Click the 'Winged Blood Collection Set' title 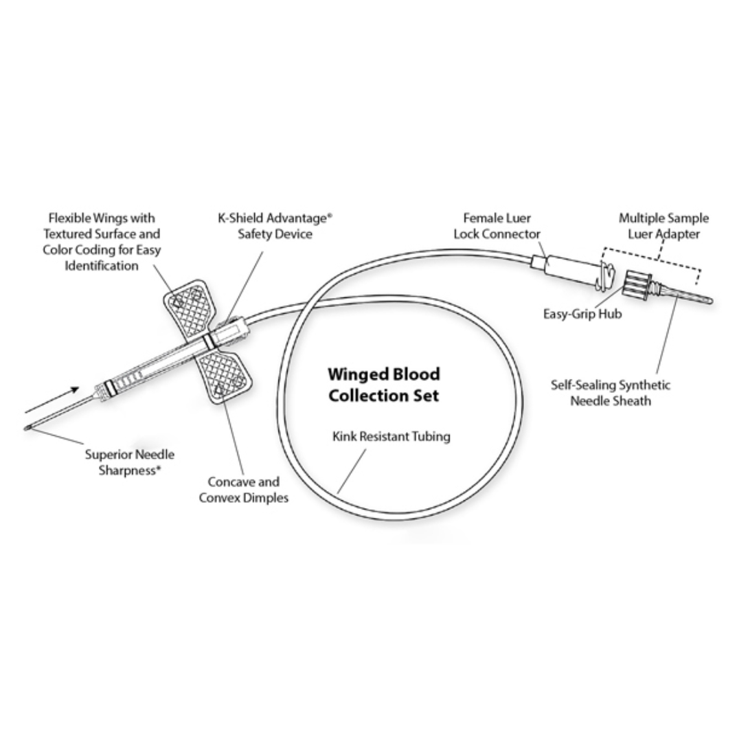[x=383, y=385]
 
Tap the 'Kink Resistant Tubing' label [x=392, y=436]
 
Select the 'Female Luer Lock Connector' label [x=497, y=226]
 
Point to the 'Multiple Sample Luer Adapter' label [x=664, y=226]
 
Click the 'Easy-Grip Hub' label [x=582, y=315]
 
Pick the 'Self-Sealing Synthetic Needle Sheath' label [x=610, y=392]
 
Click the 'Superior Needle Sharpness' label [x=129, y=462]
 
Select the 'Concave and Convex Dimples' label [x=243, y=490]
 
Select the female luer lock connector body [x=571, y=269]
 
